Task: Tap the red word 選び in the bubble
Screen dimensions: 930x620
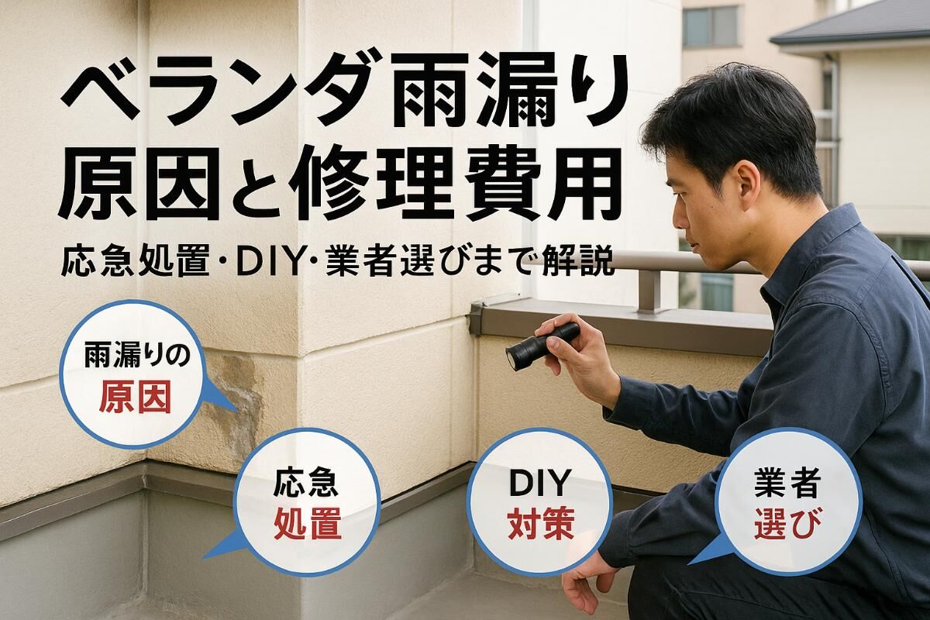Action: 787,523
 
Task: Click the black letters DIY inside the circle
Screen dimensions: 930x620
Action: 539,482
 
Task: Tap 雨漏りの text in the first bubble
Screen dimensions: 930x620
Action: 137,356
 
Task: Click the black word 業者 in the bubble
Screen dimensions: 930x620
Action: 787,483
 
